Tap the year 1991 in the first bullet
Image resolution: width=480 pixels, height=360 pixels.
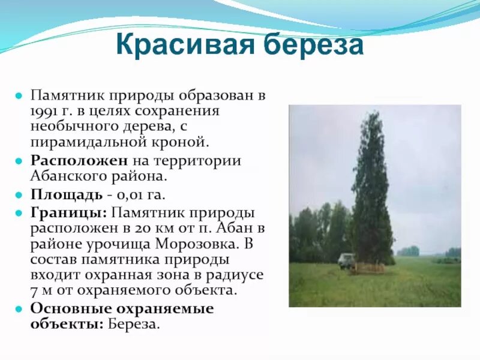46,111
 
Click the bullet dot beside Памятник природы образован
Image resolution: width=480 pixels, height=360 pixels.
19,95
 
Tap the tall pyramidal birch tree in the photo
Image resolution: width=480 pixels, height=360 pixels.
372,192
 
